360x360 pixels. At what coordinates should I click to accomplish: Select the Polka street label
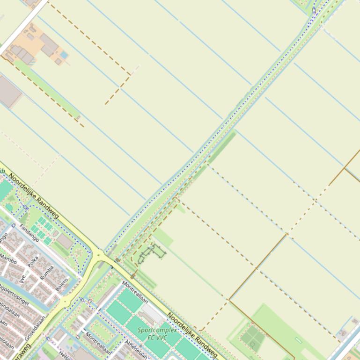pyautogui.click(x=33, y=262)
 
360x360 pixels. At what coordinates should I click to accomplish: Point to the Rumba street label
pyautogui.click(x=47, y=273)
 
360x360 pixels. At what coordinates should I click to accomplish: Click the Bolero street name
pyautogui.click(x=62, y=284)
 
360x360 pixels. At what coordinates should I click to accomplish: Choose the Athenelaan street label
pyautogui.click(x=136, y=349)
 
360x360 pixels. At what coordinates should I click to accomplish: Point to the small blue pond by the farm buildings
pyautogui.click(x=64, y=55)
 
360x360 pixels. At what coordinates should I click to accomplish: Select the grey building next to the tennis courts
pyautogui.click(x=65, y=242)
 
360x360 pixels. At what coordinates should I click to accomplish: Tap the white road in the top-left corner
pyautogui.click(x=23, y=25)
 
